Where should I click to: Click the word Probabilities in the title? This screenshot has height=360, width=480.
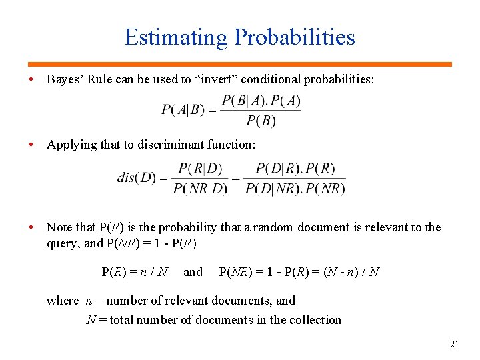pyautogui.click(x=294, y=37)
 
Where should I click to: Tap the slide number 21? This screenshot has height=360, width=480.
pyautogui.click(x=455, y=345)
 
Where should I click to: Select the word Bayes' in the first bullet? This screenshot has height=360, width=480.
pyautogui.click(x=63, y=80)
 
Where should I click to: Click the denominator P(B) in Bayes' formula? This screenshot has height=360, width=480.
pyautogui.click(x=261, y=121)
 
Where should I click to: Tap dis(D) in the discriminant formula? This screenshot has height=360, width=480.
pyautogui.click(x=137, y=178)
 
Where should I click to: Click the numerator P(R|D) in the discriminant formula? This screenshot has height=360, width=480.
pyautogui.click(x=200, y=167)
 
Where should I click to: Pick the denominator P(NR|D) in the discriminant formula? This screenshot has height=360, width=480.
pyautogui.click(x=200, y=189)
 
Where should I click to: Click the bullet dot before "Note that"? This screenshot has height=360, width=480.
pyautogui.click(x=32, y=227)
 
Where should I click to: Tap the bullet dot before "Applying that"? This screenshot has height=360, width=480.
pyautogui.click(x=32, y=145)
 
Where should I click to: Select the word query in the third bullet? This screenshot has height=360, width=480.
pyautogui.click(x=63, y=243)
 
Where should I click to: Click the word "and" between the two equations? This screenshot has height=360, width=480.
pyautogui.click(x=193, y=272)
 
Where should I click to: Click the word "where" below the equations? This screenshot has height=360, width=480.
pyautogui.click(x=63, y=301)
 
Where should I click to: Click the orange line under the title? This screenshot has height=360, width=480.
pyautogui.click(x=240, y=64)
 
